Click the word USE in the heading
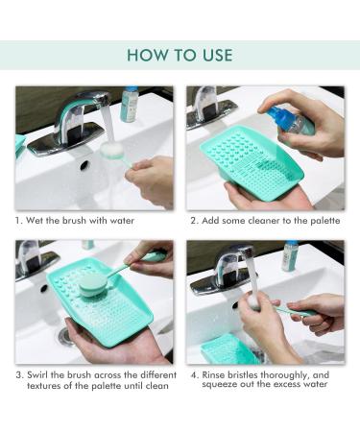217,55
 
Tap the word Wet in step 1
35,221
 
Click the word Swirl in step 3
37,374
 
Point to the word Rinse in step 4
213,374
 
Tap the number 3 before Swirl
19,375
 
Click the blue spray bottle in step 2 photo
289,122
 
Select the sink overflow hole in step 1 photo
84,164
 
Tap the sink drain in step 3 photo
65,336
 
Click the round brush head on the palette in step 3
93,284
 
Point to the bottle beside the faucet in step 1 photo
130,104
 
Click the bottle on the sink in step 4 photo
290,256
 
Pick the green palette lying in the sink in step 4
228,349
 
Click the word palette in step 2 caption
325,221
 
